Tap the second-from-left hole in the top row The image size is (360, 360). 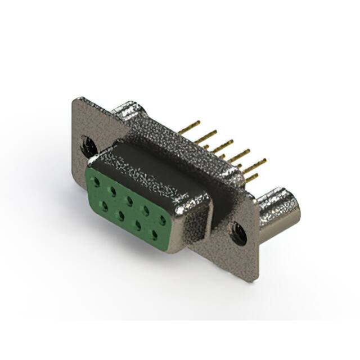point(114,191)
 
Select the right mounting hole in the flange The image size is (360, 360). point(238,232)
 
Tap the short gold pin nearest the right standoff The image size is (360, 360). point(251,178)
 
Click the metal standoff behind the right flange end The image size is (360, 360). point(278,209)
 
